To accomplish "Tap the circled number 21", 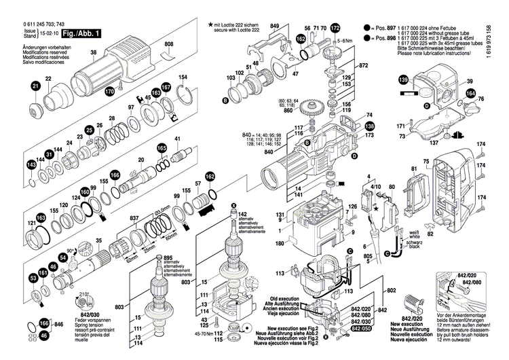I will [x=35, y=86].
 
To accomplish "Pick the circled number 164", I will [x=471, y=93].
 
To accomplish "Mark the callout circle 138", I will [x=369, y=126].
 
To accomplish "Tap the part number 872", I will [x=363, y=65].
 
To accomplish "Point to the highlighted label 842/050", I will [x=362, y=328].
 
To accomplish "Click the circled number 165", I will [x=162, y=148].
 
